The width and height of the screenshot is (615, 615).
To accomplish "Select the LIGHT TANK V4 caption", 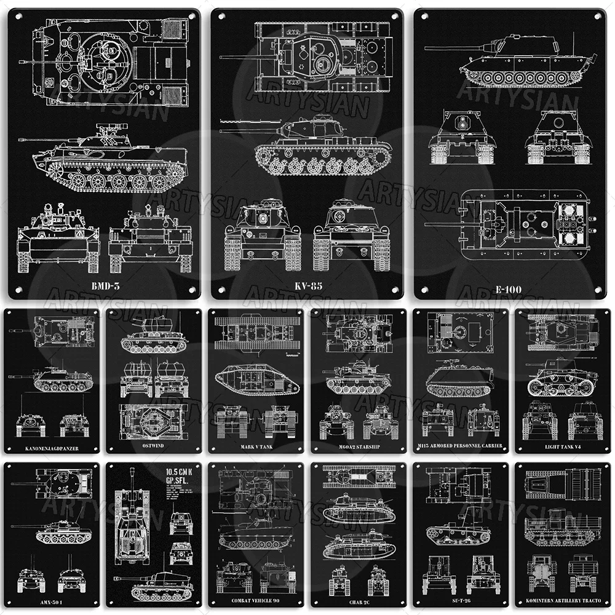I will tap(563, 445).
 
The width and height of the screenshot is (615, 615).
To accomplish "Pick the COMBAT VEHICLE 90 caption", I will tap(256, 601).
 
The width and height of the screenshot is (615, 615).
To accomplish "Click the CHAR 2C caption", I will tap(358, 601).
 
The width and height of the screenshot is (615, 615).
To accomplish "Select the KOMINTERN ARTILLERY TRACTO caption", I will tap(563, 601).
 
